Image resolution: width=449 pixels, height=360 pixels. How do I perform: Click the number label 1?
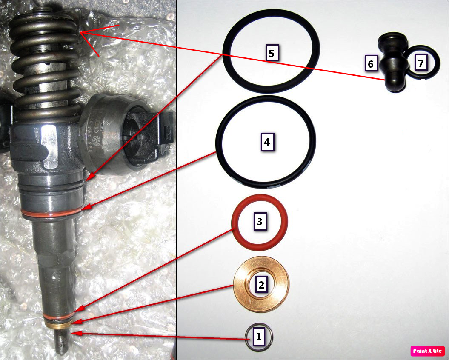[x=258, y=337]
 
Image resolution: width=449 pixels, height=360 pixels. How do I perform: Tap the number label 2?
[x=261, y=285]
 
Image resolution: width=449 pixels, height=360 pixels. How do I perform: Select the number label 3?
[x=260, y=222]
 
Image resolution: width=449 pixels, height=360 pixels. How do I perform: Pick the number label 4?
[x=266, y=142]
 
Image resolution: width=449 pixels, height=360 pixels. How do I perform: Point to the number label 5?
[x=272, y=53]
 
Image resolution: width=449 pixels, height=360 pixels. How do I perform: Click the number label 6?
[x=370, y=64]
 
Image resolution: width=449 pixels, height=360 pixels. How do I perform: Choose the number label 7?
[x=421, y=63]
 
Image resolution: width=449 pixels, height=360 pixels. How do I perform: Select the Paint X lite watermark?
[x=427, y=351]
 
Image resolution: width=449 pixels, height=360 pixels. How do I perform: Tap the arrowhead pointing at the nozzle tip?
[x=73, y=333]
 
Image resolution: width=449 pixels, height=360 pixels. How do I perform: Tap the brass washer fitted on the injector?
[x=59, y=325]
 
